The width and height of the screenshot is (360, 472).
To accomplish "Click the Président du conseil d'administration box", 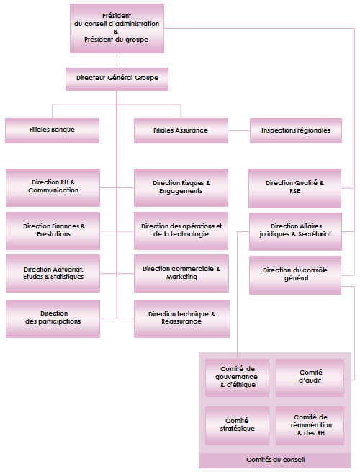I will [117, 28].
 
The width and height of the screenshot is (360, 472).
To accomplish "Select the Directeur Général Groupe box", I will [117, 77].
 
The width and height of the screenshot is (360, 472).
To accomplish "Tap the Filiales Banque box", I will [52, 130].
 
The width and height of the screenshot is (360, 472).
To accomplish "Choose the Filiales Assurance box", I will [181, 130].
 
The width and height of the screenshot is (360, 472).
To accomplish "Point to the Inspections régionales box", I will [296, 130].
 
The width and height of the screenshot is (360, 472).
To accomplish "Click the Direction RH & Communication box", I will [53, 187].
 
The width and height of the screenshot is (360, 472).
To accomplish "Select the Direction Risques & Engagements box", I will [181, 187].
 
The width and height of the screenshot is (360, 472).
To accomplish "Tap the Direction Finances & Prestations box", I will [53, 231].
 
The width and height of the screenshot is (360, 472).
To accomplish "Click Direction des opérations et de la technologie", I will [181, 231].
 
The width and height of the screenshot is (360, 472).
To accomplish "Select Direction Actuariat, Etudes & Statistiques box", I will [53, 273].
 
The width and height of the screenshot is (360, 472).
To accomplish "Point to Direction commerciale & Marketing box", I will [181, 273].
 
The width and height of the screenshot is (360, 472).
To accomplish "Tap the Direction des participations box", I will [53, 318].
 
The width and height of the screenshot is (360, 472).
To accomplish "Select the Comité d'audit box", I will [310, 377].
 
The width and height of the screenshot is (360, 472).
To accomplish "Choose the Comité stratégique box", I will [237, 425].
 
